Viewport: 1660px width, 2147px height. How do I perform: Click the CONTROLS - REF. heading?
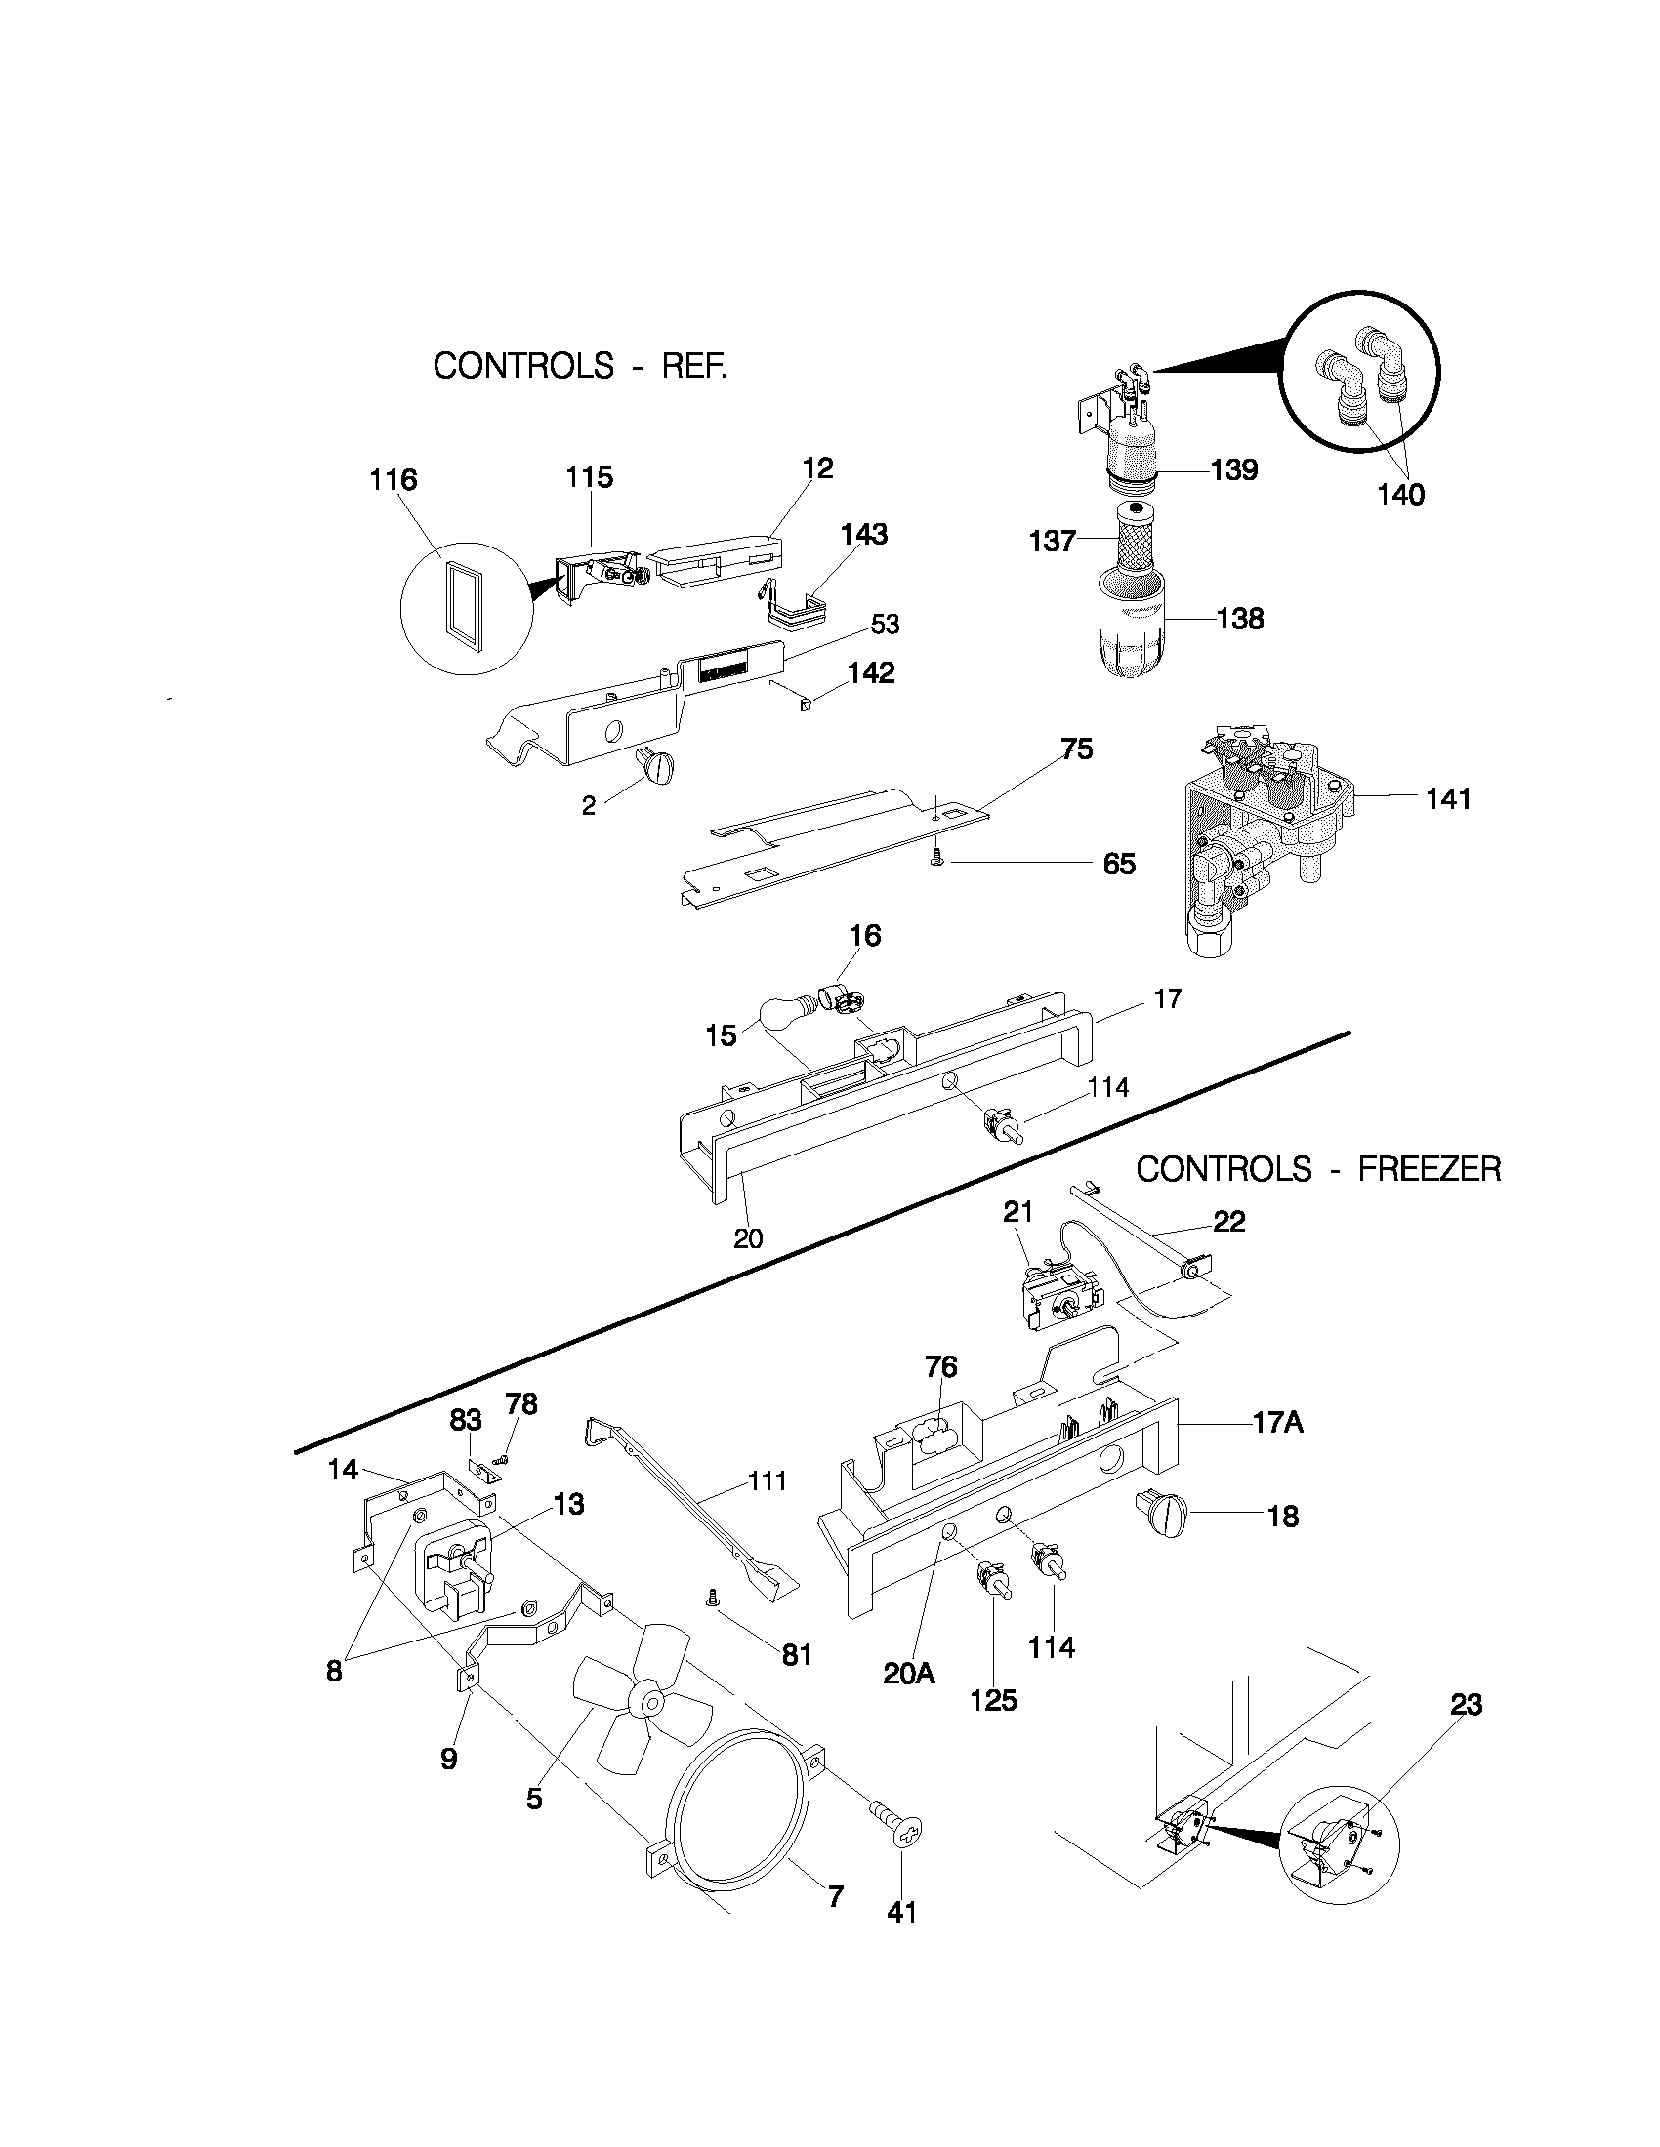click(580, 367)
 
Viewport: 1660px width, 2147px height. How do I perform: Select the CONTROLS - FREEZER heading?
click(1318, 1169)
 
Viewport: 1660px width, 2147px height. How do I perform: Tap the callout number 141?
click(1448, 798)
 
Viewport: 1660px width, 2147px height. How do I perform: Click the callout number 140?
click(1400, 494)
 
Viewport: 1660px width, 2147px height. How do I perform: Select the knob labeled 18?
click(1164, 1515)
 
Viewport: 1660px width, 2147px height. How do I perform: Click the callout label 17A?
click(1277, 1422)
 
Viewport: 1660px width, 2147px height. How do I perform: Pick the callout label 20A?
click(908, 1672)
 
